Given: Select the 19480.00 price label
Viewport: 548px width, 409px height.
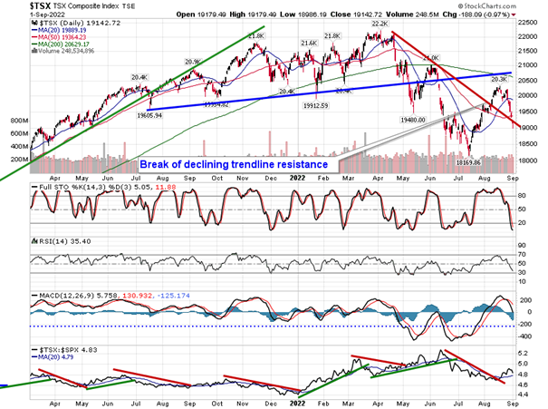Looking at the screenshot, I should (x=412, y=119).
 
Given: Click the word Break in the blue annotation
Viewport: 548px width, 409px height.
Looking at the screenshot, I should (x=158, y=164).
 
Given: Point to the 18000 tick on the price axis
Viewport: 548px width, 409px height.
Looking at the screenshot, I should (x=531, y=161).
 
